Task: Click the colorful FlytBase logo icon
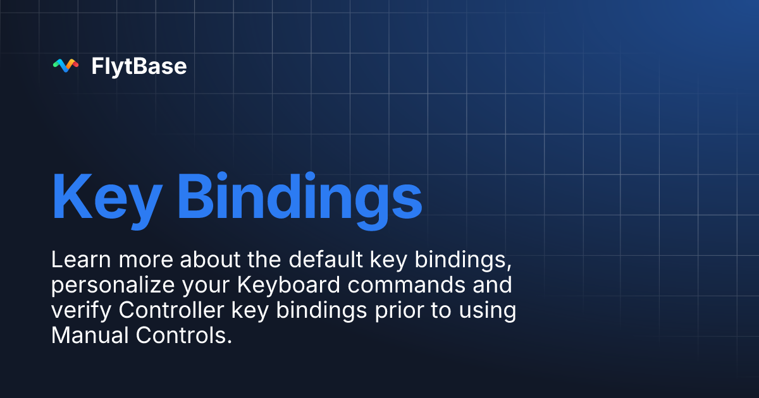(x=66, y=66)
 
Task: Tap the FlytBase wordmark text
(x=139, y=66)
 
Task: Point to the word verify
(x=81, y=311)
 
